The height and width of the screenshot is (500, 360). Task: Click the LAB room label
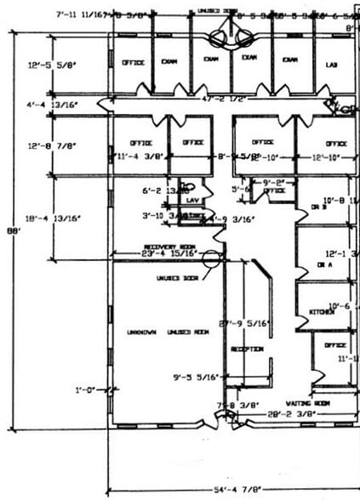click(x=333, y=65)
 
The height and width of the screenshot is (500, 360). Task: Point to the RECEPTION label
click(x=246, y=349)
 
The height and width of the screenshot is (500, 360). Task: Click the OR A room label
click(x=324, y=264)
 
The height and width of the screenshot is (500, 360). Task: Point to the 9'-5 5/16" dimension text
click(x=196, y=376)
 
